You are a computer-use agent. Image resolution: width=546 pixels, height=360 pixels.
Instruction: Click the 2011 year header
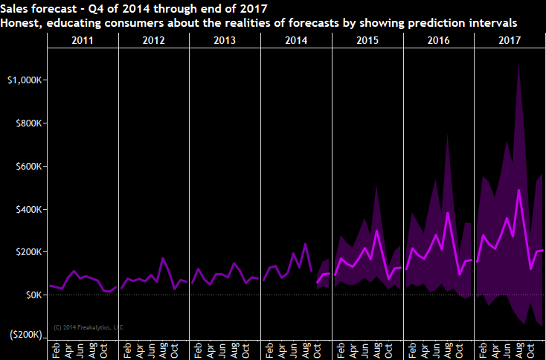tap(82, 40)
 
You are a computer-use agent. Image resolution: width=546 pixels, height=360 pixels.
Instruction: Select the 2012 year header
tap(153, 40)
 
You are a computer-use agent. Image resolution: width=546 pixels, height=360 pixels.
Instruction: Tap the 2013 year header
tap(225, 40)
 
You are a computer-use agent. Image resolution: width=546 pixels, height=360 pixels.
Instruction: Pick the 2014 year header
tap(296, 40)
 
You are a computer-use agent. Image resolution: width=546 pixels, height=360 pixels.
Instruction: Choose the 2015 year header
tap(367, 40)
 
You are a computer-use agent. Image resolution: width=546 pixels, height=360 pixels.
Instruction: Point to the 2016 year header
tap(438, 40)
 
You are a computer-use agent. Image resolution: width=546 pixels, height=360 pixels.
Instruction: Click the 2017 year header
tap(509, 40)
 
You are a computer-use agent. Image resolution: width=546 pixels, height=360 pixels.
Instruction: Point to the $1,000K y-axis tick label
tap(22, 80)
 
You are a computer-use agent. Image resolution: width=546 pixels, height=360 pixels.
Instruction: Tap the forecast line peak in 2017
tap(518, 190)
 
